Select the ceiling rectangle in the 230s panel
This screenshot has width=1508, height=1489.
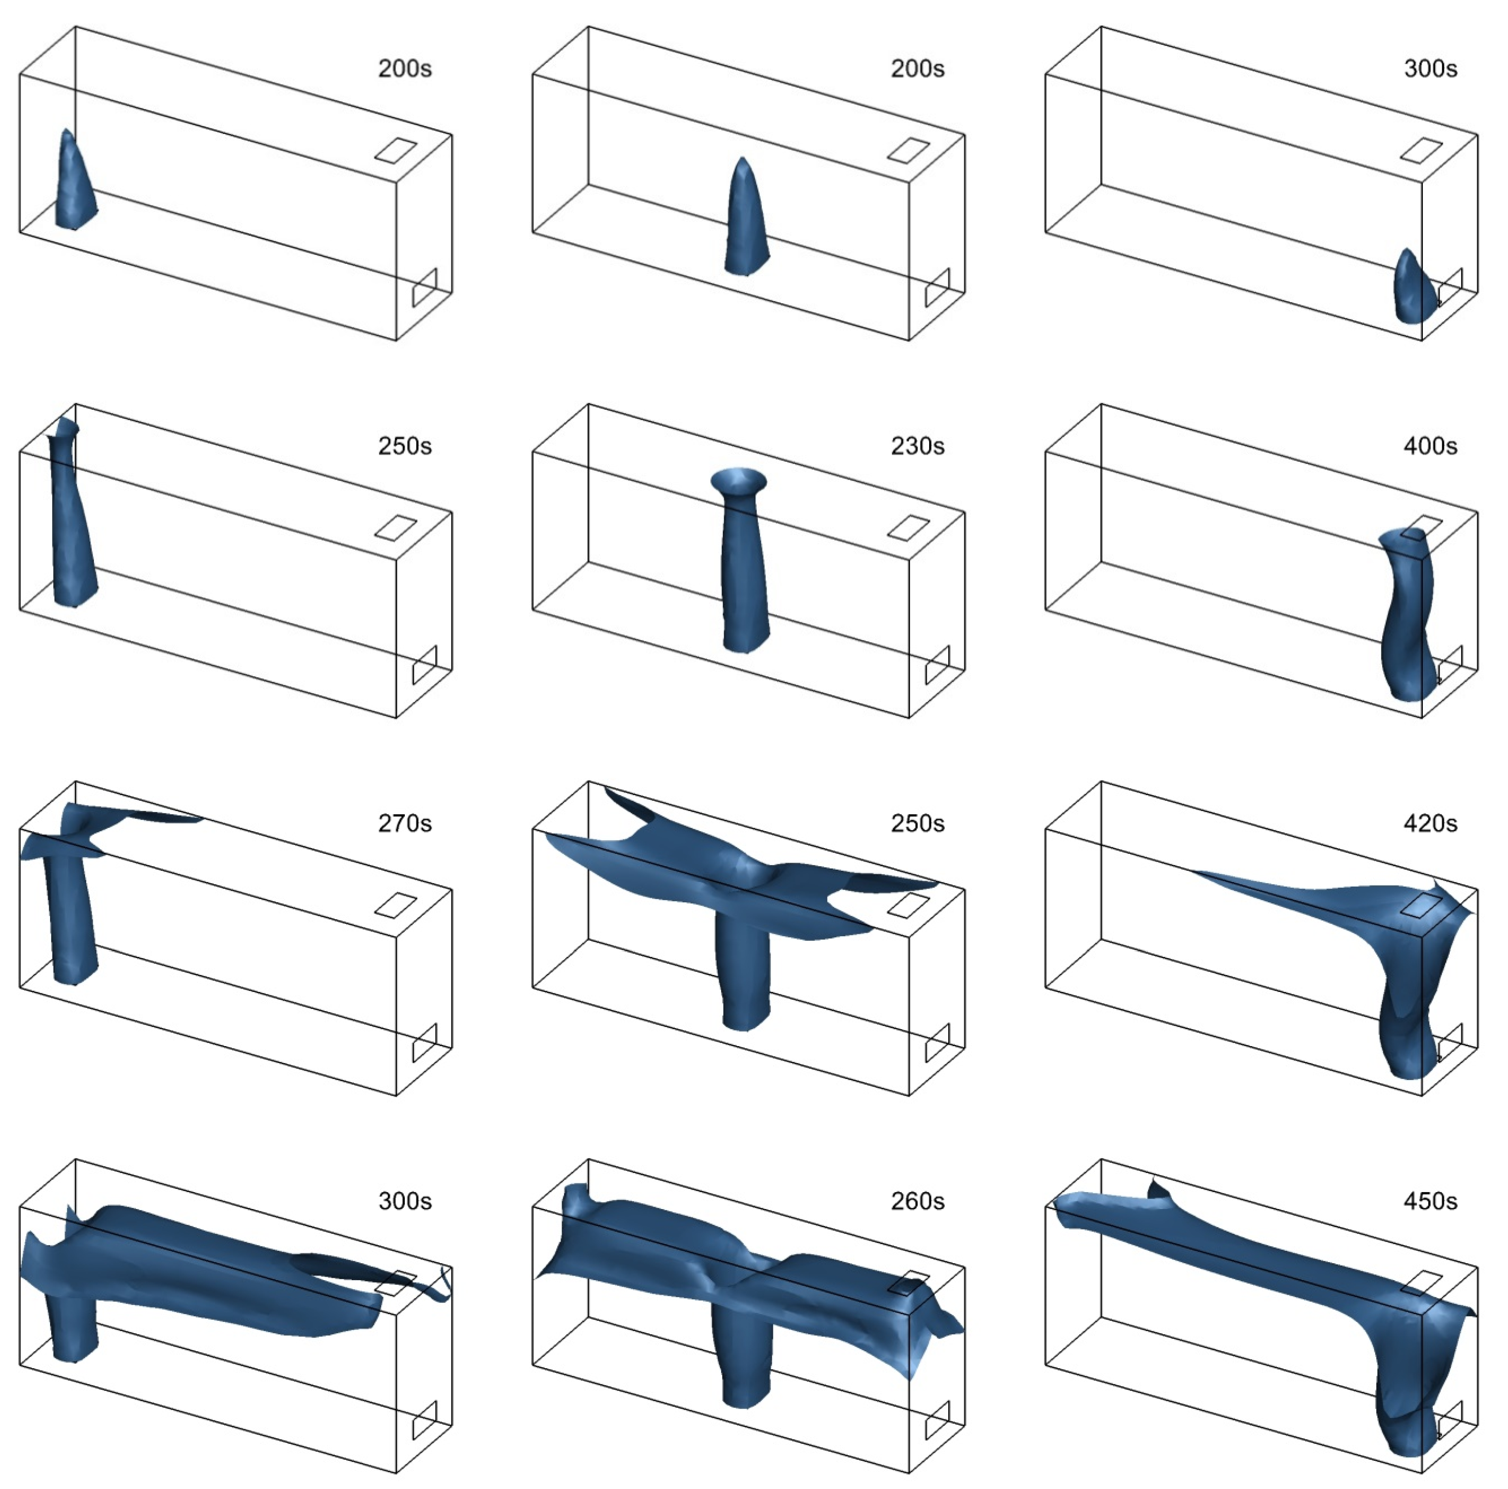pyautogui.click(x=908, y=528)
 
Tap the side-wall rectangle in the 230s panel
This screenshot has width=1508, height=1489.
pyautogui.click(x=937, y=665)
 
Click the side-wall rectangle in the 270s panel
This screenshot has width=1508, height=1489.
pyautogui.click(x=425, y=1042)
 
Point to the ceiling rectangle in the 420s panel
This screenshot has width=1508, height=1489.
pyautogui.click(x=1421, y=905)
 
